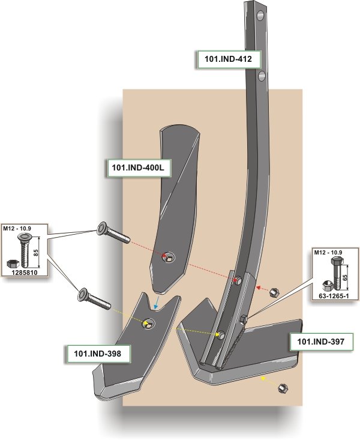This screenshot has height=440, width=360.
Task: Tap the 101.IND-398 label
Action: (x=97, y=354)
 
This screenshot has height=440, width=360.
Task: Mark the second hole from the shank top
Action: (x=262, y=76)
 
